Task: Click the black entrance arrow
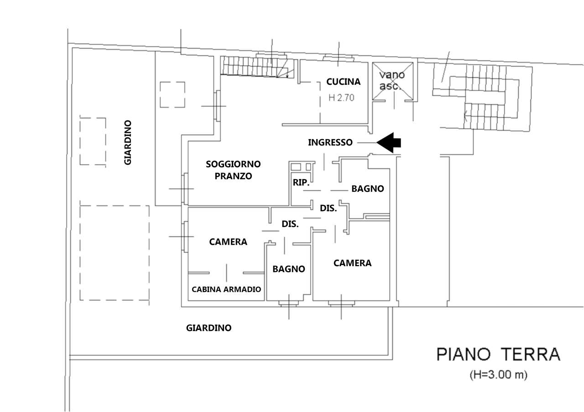(389, 142)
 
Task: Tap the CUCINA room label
(343, 82)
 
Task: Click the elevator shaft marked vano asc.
(393, 81)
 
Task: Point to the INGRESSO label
(330, 142)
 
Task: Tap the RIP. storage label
(301, 183)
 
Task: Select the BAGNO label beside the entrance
(367, 189)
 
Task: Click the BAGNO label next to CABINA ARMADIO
(288, 269)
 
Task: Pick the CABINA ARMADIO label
(226, 289)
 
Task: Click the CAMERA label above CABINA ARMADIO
(228, 242)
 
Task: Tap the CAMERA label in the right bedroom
(352, 263)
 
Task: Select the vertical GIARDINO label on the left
(128, 142)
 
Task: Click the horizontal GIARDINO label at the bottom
(209, 328)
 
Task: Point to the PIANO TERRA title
(498, 355)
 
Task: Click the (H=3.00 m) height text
(498, 376)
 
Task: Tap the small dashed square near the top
(172, 94)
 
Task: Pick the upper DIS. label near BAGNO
(328, 209)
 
